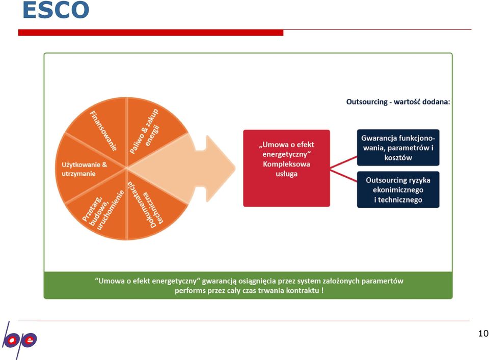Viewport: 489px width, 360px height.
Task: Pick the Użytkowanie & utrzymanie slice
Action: click(84, 169)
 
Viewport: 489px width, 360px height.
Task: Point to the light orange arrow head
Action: click(220, 169)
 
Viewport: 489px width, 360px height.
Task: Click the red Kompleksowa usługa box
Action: click(286, 169)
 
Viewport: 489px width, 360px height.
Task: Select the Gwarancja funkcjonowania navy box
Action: click(398, 148)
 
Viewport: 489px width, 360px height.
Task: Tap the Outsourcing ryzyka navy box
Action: click(398, 189)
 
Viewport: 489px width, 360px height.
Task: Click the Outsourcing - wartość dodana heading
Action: click(398, 102)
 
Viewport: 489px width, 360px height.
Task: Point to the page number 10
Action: click(483, 334)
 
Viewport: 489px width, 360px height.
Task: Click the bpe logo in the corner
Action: click(19, 340)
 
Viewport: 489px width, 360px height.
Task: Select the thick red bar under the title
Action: click(151, 33)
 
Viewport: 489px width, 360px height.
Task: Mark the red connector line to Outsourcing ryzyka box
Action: click(344, 175)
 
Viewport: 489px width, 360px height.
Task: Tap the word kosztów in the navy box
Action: click(398, 158)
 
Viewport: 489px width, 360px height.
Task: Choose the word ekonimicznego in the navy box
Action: click(398, 190)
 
